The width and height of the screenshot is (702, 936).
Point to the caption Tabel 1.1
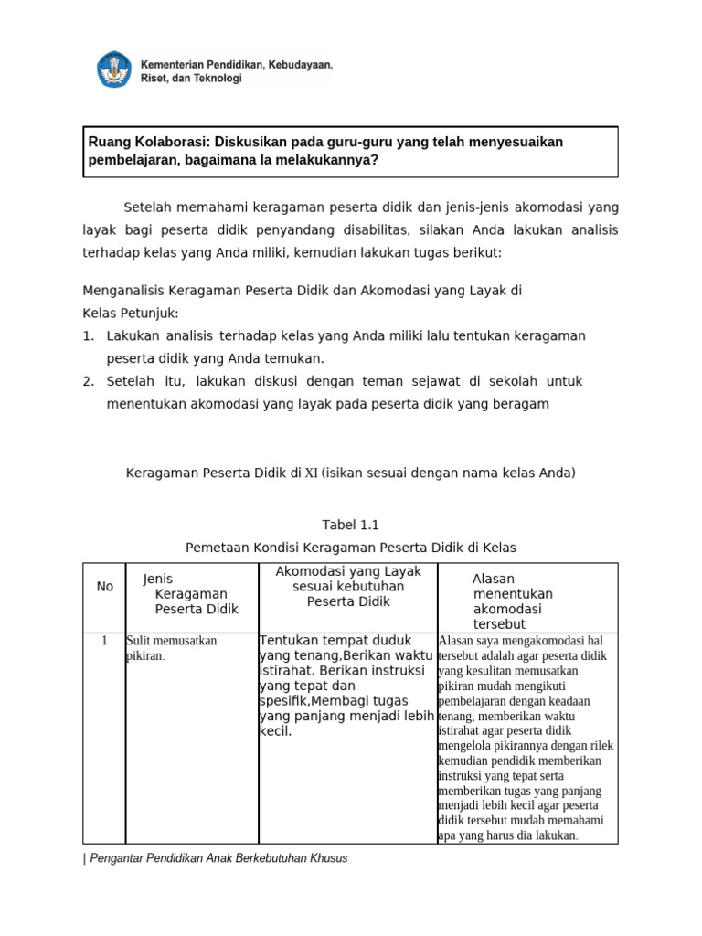(x=350, y=525)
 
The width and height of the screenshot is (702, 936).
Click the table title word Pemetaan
(x=217, y=548)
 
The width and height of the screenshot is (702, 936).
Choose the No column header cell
(x=105, y=586)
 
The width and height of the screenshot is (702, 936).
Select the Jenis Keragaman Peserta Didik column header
(x=191, y=594)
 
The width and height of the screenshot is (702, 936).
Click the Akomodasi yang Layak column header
(x=348, y=586)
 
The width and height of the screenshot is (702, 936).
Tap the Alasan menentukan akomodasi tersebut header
(x=513, y=601)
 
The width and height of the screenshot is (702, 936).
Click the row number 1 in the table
(x=105, y=640)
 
